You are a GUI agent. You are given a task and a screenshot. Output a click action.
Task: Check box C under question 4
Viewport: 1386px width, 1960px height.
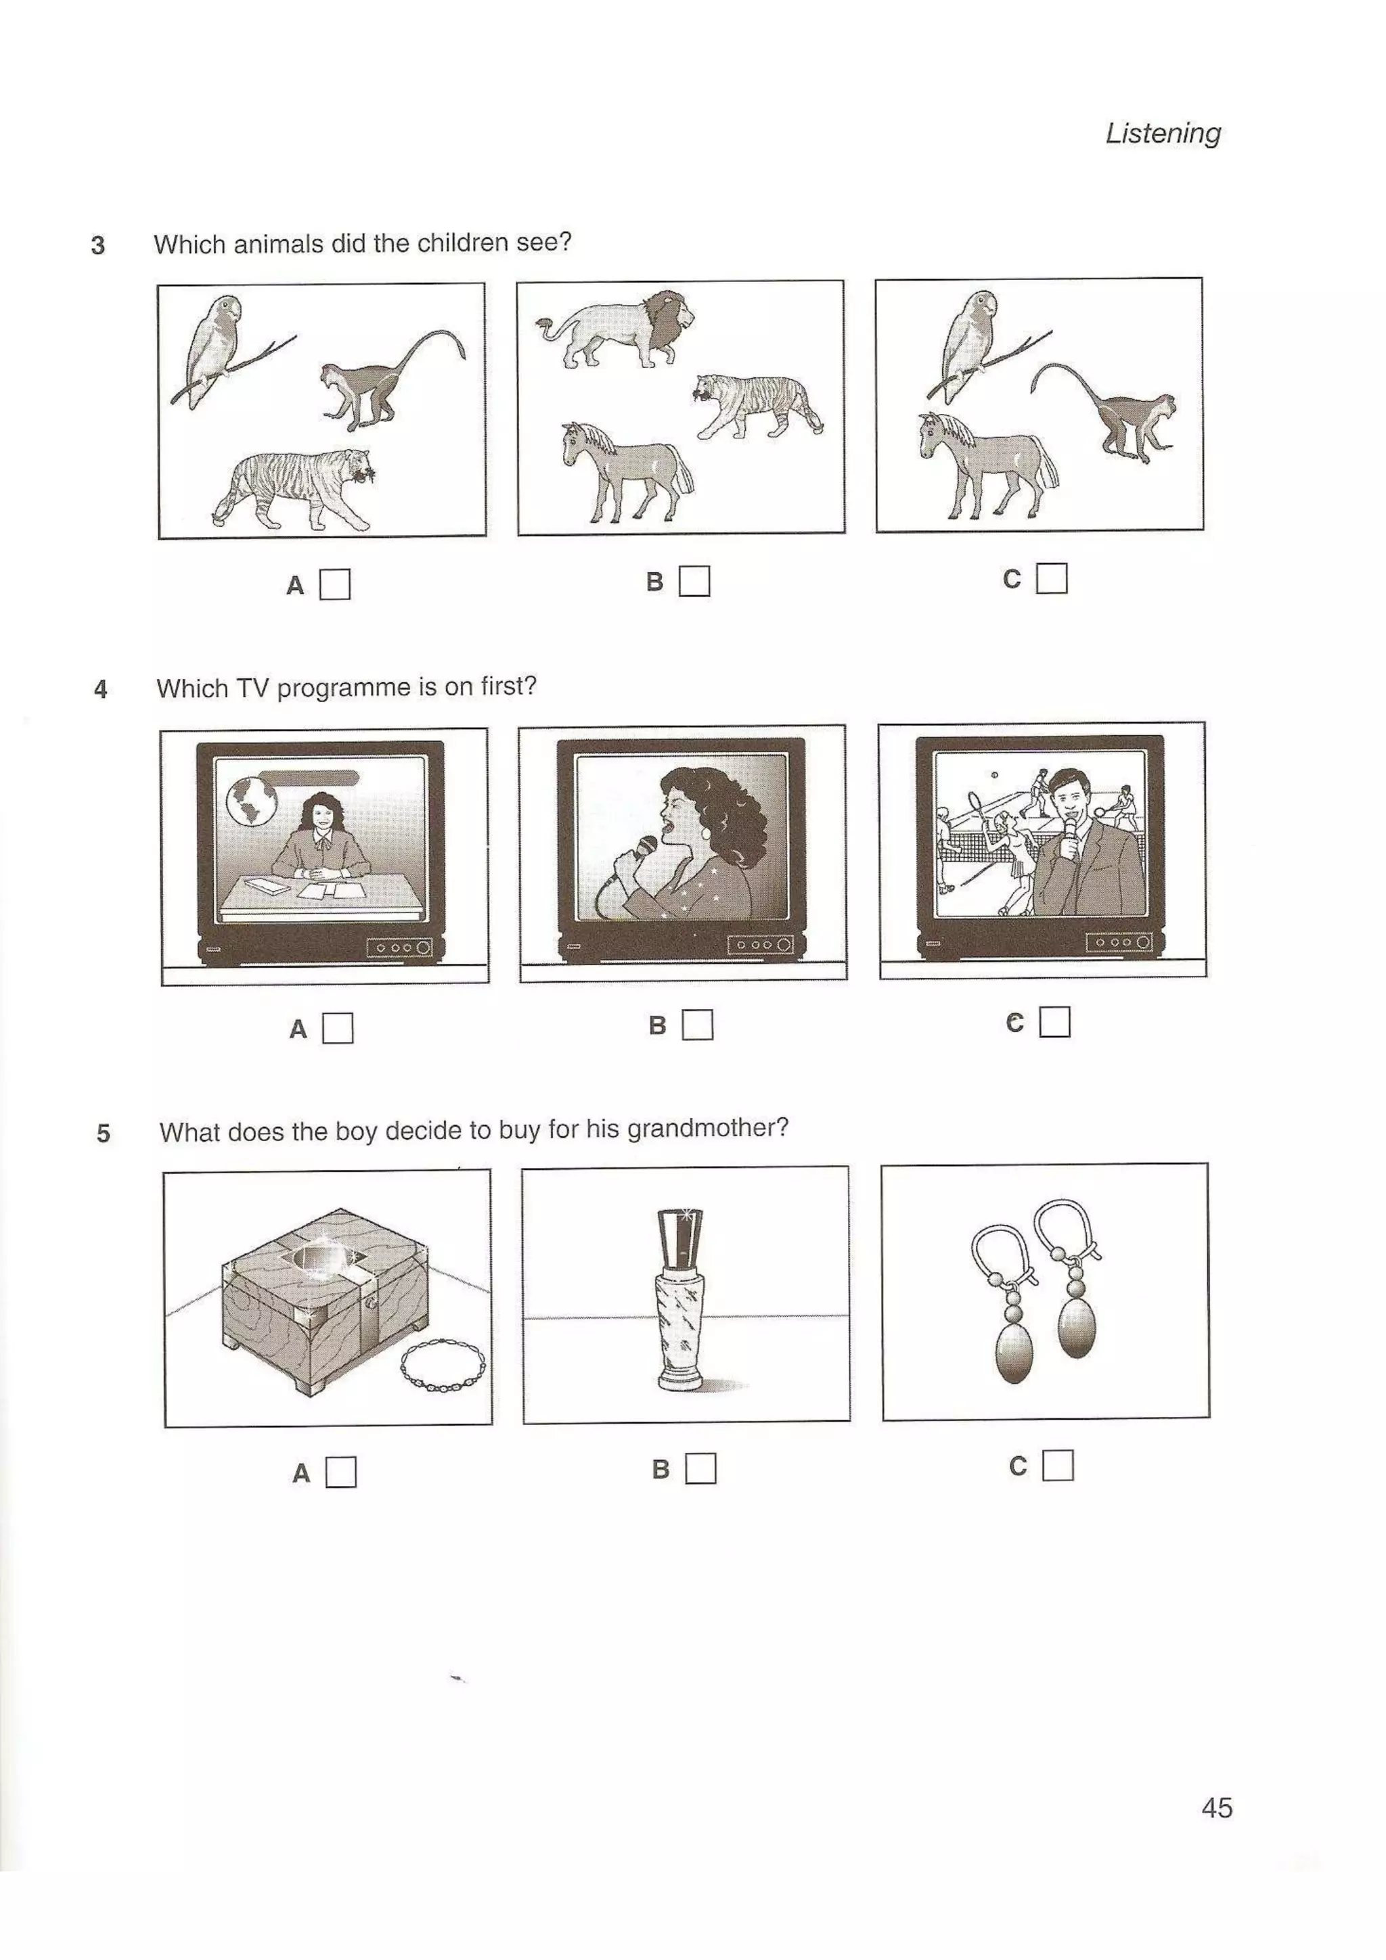(1054, 1022)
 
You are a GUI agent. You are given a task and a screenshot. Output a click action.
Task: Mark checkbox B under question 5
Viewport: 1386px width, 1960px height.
(700, 1468)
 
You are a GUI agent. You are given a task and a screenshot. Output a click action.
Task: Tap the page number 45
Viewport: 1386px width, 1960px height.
(1216, 1807)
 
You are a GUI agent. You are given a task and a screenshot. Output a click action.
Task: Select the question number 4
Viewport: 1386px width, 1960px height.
(101, 689)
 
